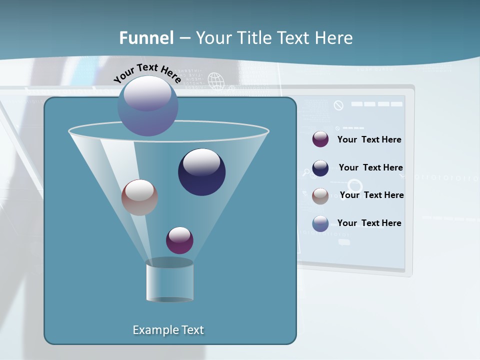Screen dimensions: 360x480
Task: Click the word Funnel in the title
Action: (146, 37)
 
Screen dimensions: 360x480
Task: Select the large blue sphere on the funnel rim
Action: (147, 105)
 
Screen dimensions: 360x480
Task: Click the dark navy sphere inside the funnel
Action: (201, 171)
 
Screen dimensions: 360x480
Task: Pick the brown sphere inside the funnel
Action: (139, 197)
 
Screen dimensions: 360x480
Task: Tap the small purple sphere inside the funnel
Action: (179, 240)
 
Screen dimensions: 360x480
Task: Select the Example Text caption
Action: (168, 330)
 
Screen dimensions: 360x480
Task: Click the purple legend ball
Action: (320, 139)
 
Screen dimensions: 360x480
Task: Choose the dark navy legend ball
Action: (320, 168)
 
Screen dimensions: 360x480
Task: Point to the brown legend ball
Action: (320, 196)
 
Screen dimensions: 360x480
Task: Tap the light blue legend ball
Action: (320, 223)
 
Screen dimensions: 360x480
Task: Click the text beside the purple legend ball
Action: (369, 139)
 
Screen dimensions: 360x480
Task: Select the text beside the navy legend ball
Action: (370, 167)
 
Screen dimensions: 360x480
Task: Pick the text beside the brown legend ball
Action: (371, 195)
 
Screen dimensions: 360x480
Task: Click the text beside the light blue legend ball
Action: (369, 223)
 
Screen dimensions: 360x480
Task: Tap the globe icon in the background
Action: (215, 80)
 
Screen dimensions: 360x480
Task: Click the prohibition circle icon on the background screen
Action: (338, 105)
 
